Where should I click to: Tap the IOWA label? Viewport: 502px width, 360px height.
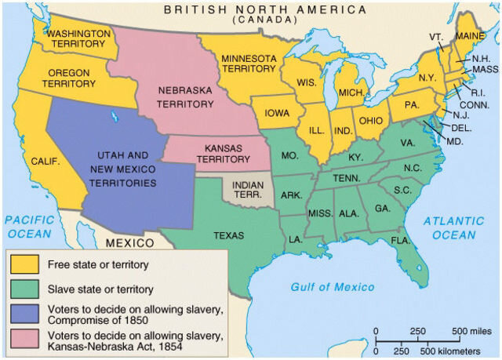pyautogui.click(x=277, y=113)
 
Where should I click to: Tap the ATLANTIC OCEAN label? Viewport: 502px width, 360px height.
pyautogui.click(x=453, y=228)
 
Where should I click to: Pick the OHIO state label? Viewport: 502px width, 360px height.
pyautogui.click(x=370, y=121)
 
